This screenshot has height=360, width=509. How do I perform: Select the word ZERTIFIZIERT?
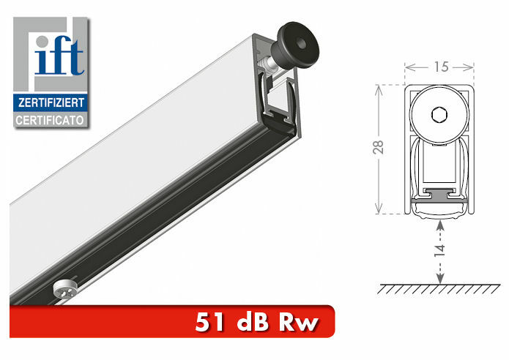(x=51, y=102)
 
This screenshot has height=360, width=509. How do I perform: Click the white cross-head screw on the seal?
(x=64, y=289)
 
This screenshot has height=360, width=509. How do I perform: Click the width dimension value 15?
(x=439, y=67)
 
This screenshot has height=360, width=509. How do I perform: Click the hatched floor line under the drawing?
(x=439, y=290)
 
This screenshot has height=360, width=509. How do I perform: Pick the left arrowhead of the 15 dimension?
(x=409, y=67)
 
